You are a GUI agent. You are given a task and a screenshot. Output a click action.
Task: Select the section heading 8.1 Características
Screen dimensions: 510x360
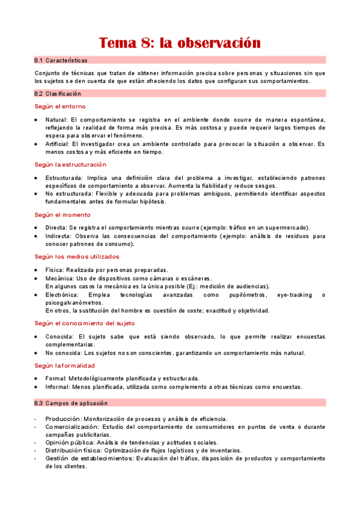61,60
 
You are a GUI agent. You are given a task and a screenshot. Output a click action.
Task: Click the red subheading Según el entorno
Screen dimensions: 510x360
59,106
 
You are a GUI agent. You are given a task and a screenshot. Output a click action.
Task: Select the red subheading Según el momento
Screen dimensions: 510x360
63,215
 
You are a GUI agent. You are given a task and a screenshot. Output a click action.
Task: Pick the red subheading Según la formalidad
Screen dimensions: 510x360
64,365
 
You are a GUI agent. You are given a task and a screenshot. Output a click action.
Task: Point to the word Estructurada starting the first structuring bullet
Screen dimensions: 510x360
64,178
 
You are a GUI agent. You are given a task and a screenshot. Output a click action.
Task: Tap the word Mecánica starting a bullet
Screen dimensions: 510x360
59,278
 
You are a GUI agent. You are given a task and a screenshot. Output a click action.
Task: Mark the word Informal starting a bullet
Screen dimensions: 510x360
57,387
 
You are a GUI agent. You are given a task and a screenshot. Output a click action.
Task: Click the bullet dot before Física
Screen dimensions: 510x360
37,270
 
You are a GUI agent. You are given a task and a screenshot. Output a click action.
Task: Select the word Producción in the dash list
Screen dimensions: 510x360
63,419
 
